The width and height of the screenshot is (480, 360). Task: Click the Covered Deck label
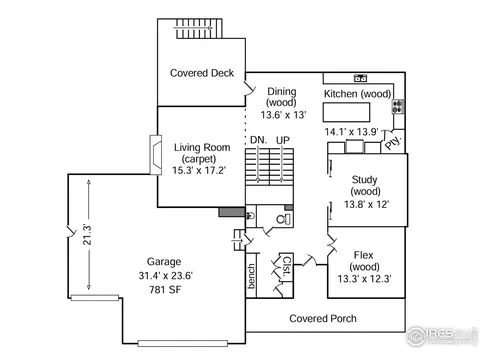tap(202, 73)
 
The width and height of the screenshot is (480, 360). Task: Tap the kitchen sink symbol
tap(360, 78)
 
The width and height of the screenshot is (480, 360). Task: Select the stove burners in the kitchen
tap(398, 107)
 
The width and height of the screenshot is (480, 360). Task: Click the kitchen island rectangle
tap(346, 112)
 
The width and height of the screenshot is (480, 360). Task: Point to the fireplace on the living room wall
tap(156, 155)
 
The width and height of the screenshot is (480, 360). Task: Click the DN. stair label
tap(258, 140)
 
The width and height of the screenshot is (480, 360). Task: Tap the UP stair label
tap(283, 140)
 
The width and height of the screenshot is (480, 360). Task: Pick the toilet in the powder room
tap(283, 219)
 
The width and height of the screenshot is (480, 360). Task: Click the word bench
tap(251, 276)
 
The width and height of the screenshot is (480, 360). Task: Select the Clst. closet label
tap(286, 266)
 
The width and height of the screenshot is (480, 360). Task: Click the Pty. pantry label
tap(393, 143)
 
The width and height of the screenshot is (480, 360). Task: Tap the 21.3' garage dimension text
tap(87, 235)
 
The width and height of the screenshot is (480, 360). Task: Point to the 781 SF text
tap(165, 290)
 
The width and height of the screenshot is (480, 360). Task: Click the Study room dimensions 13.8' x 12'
tap(366, 204)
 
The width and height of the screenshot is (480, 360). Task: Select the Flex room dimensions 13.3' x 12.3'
tap(364, 279)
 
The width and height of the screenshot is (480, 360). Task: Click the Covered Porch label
tap(323, 319)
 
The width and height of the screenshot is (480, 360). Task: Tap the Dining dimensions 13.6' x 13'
tap(283, 115)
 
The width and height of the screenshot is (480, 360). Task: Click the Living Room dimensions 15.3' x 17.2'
tap(199, 170)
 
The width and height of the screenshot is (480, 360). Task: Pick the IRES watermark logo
tap(440, 335)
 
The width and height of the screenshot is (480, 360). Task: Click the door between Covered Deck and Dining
tap(250, 89)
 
